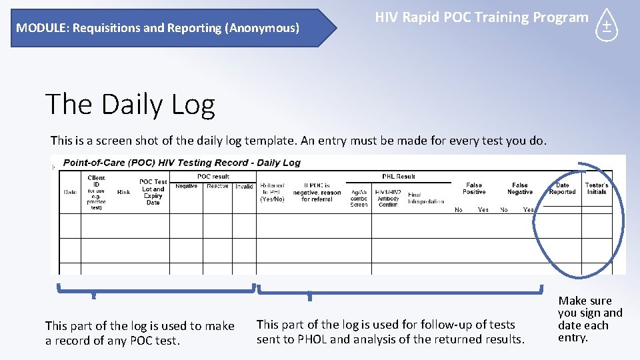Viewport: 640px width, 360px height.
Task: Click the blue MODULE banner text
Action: pos(158,28)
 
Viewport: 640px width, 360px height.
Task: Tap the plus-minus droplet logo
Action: pos(606,27)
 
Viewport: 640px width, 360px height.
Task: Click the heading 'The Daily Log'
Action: pos(130,105)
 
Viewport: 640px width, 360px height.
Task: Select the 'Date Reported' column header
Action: pos(562,189)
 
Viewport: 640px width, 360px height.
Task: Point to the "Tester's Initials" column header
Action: pos(597,189)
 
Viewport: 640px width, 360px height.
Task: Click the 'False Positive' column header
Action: pos(474,189)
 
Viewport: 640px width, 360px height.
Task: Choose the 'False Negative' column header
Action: pos(519,189)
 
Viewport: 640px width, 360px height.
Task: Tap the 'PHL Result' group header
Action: pos(398,177)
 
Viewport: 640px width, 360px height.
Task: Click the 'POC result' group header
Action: pos(213,177)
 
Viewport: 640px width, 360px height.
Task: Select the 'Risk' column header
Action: pos(123,192)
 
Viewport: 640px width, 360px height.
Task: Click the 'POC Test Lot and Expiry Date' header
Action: pos(153,192)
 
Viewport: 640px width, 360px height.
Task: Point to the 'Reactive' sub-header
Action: pos(217,187)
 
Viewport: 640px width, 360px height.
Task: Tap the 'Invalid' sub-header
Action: pos(244,187)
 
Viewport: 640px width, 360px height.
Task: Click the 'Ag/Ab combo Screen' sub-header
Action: pos(359,198)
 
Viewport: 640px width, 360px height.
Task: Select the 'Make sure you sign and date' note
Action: pos(589,319)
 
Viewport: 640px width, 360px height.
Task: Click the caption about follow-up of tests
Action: pos(391,332)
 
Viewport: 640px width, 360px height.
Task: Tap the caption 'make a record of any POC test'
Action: pos(140,333)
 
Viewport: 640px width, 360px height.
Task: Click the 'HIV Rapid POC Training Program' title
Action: pos(481,18)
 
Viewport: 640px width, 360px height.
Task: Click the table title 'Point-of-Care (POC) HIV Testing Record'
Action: pos(181,163)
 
